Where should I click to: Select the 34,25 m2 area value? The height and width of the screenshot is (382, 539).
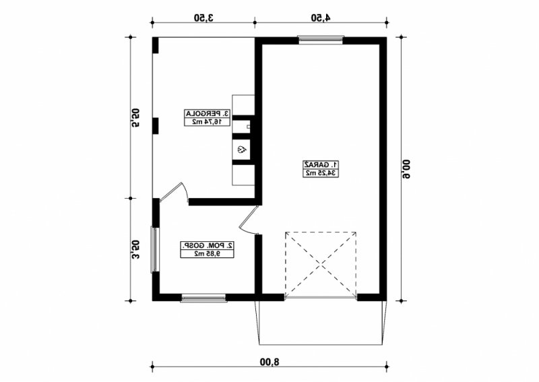pos(321,173)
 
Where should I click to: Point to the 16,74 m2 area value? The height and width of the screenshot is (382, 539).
pos(208,121)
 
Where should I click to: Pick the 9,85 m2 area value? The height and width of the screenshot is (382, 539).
pos(208,254)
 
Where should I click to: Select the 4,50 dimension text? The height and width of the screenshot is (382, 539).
pos(321,18)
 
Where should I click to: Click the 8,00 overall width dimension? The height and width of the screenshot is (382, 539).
pos(270,362)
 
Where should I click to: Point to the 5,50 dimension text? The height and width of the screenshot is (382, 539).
pos(136,118)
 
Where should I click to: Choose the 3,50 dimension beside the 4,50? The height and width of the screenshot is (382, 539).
pos(203,18)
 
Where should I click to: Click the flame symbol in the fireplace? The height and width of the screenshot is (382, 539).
pos(241,150)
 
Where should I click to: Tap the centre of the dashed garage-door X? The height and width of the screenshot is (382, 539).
pos(321,264)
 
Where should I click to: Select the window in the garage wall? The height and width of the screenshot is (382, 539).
pos(321,40)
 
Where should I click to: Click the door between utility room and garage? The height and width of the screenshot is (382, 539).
pos(249,221)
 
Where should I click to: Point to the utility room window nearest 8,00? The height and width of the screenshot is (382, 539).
pos(203,298)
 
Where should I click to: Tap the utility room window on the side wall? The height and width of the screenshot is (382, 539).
pos(154,250)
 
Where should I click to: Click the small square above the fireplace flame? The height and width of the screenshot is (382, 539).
pos(248,127)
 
